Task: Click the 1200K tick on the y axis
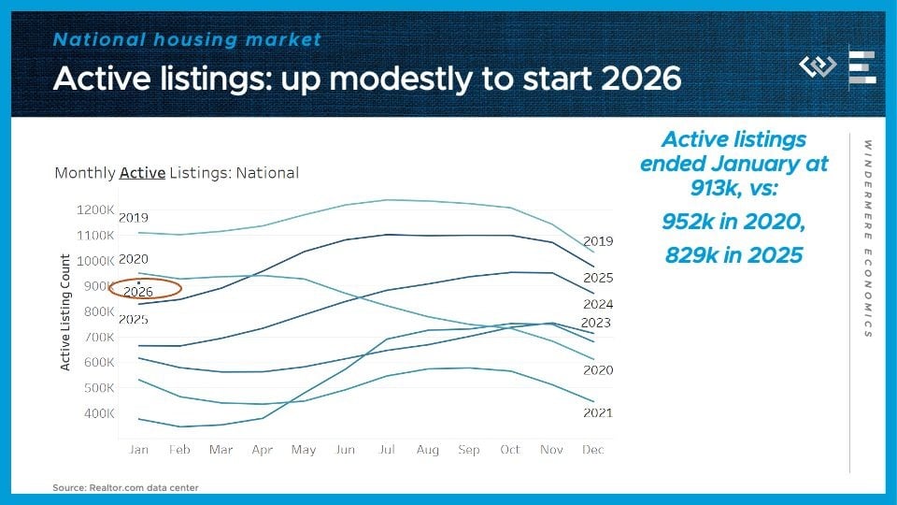coord(95,210)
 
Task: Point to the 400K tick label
coord(98,413)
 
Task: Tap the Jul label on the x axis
coord(386,450)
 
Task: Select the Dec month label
coord(591,450)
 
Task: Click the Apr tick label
coord(263,450)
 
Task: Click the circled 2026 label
coord(138,292)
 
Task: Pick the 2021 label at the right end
coord(598,412)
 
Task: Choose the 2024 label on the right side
coord(598,304)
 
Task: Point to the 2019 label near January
coord(134,218)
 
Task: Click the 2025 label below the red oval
coord(134,320)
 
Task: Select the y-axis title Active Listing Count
coord(65,312)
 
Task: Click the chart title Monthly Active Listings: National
coord(177,173)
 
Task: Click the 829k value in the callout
coord(690,254)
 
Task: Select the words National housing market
coord(187,40)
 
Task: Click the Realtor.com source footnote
coord(125,487)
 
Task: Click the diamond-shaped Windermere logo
coord(818,66)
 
